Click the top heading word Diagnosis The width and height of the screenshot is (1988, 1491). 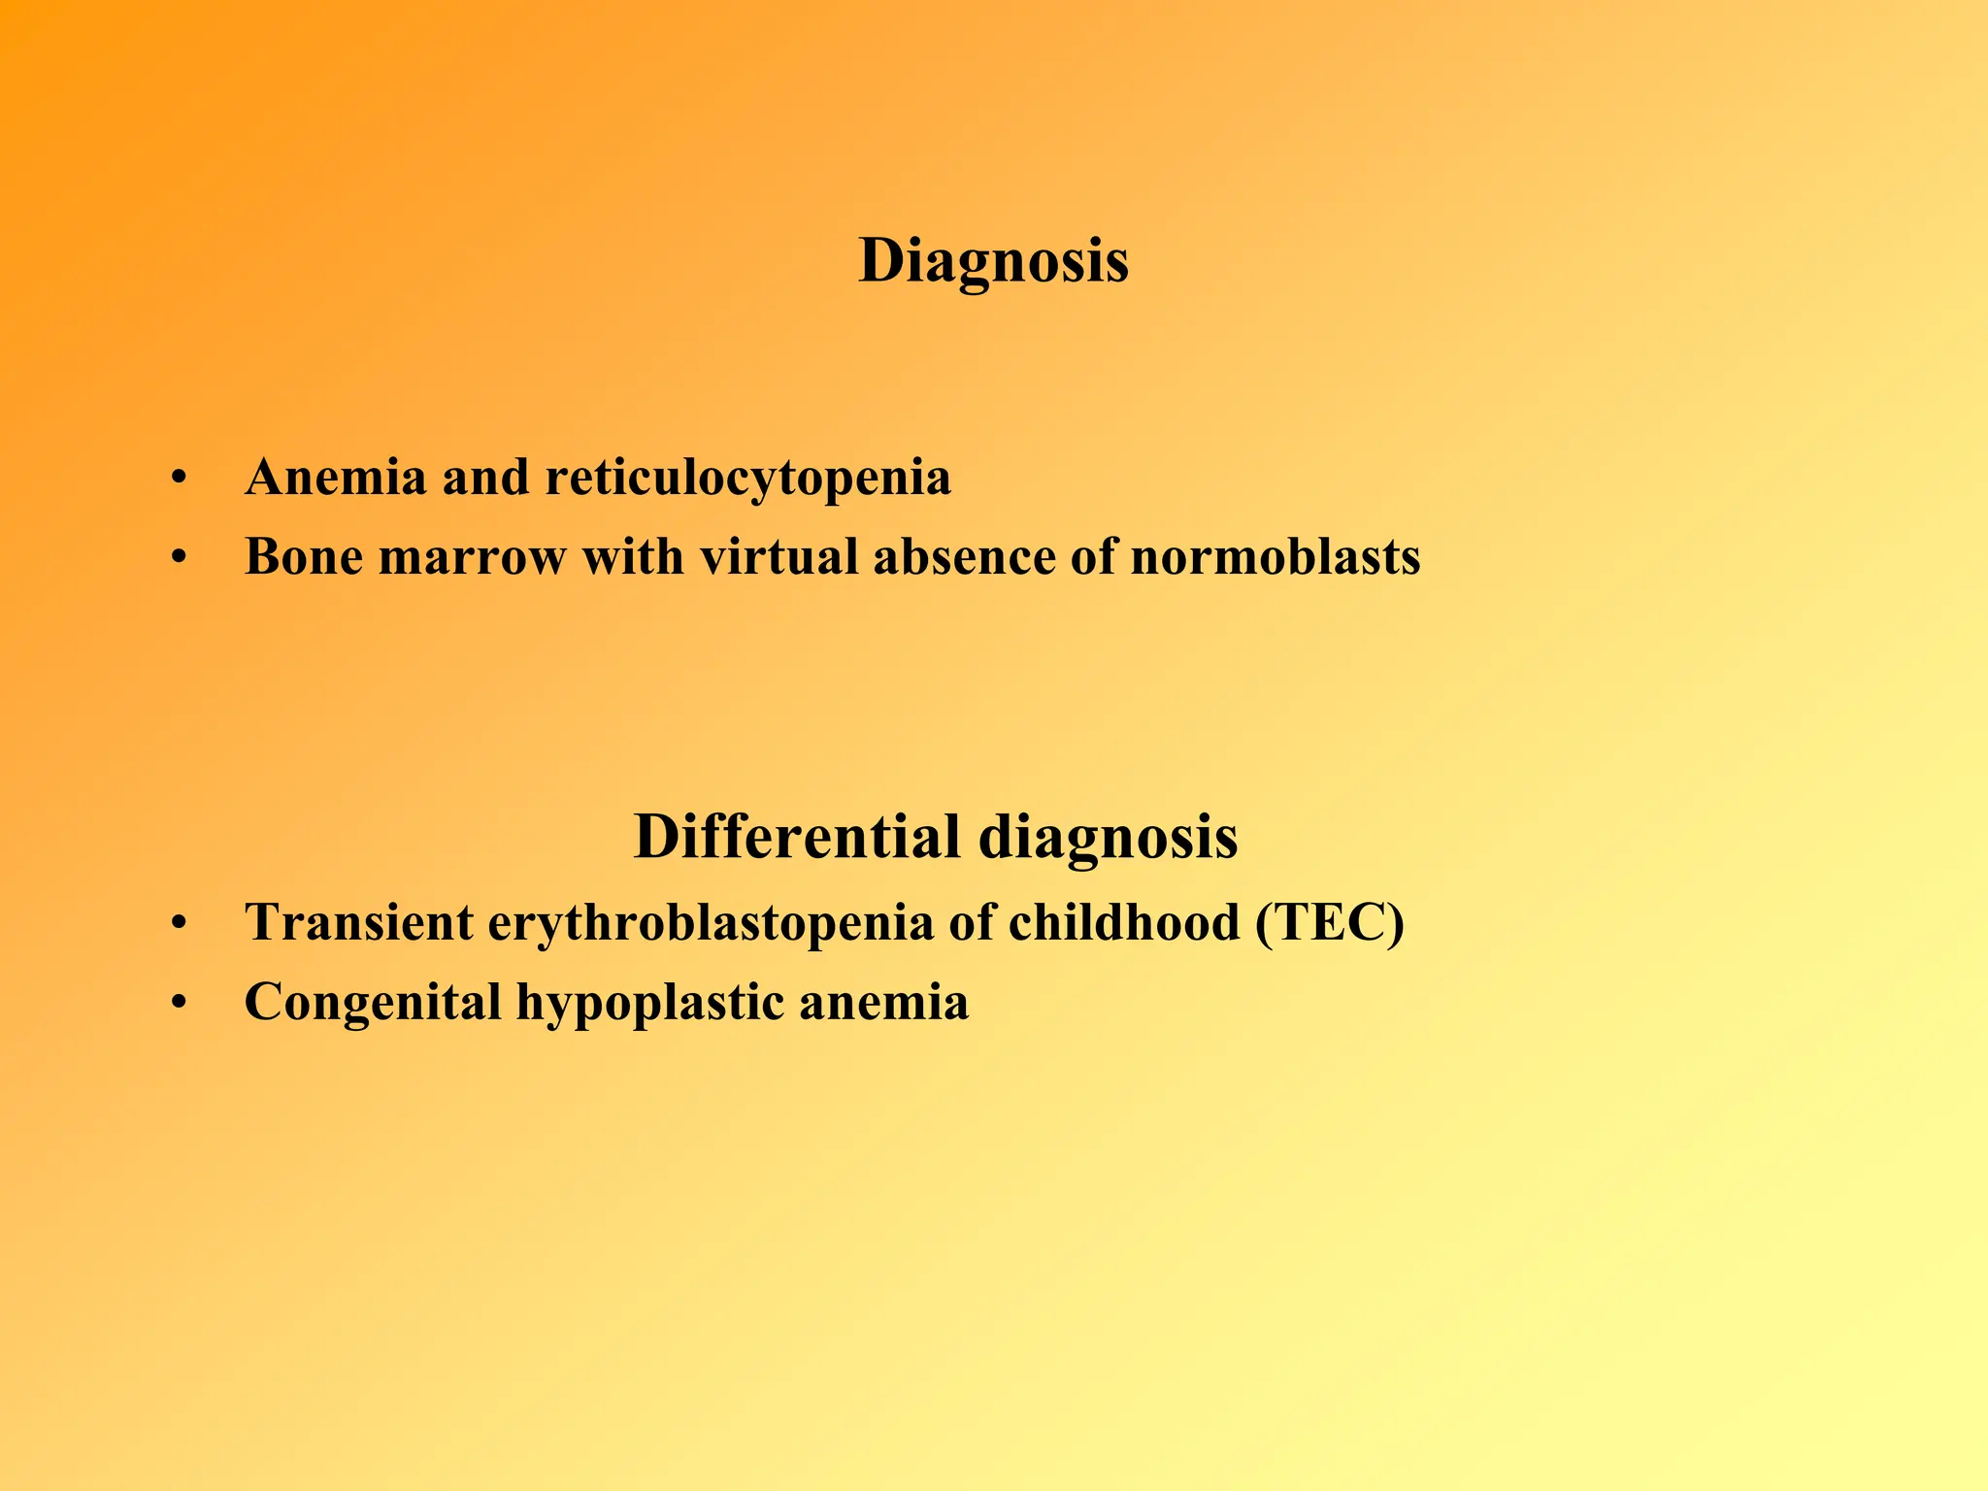[x=993, y=261]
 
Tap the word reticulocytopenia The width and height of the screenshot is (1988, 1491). [x=747, y=478]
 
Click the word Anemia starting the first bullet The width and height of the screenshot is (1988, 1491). [x=336, y=478]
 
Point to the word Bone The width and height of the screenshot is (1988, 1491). [x=303, y=557]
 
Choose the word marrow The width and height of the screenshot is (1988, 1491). [x=472, y=559]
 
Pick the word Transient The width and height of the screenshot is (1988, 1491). [x=358, y=922]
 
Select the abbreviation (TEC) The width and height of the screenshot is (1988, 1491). [x=1329, y=923]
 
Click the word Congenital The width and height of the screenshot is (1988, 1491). [x=373, y=1003]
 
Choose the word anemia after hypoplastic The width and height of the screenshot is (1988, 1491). [x=883, y=1003]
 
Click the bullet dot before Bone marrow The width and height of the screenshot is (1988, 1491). [x=178, y=558]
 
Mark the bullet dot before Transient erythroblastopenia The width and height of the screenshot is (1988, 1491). [x=178, y=923]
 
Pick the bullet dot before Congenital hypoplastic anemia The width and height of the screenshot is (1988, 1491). [x=178, y=1003]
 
